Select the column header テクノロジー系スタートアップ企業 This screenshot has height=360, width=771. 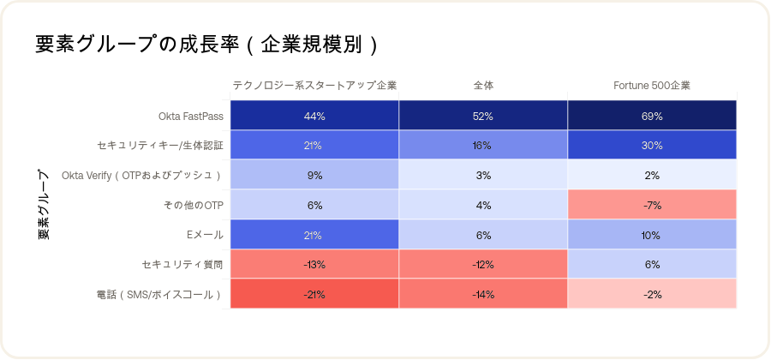pyautogui.click(x=314, y=86)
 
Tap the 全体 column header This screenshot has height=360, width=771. pyautogui.click(x=483, y=86)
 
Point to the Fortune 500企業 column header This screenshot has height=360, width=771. pyautogui.click(x=652, y=86)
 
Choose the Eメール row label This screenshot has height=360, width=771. pyautogui.click(x=206, y=235)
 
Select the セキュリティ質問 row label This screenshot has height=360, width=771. pyautogui.click(x=182, y=265)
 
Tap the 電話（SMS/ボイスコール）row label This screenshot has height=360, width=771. pyautogui.click(x=160, y=295)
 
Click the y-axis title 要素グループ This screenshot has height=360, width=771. pyautogui.click(x=44, y=203)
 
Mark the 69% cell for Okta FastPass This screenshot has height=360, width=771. pyautogui.click(x=652, y=116)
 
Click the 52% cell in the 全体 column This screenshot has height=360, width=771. pyautogui.click(x=483, y=116)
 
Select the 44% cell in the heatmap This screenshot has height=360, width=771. pyautogui.click(x=314, y=116)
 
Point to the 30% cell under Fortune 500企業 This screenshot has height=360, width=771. pyautogui.click(x=652, y=146)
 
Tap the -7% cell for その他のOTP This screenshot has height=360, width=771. pyautogui.click(x=652, y=206)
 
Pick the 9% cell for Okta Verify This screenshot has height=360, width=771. pyautogui.click(x=314, y=176)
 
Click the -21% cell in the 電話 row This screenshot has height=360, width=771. pyautogui.click(x=314, y=295)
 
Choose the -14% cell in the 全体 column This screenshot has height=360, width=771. pyautogui.click(x=483, y=295)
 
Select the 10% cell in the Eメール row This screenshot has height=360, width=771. pyautogui.click(x=652, y=235)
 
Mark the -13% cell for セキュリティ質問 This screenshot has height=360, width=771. pyautogui.click(x=314, y=265)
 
